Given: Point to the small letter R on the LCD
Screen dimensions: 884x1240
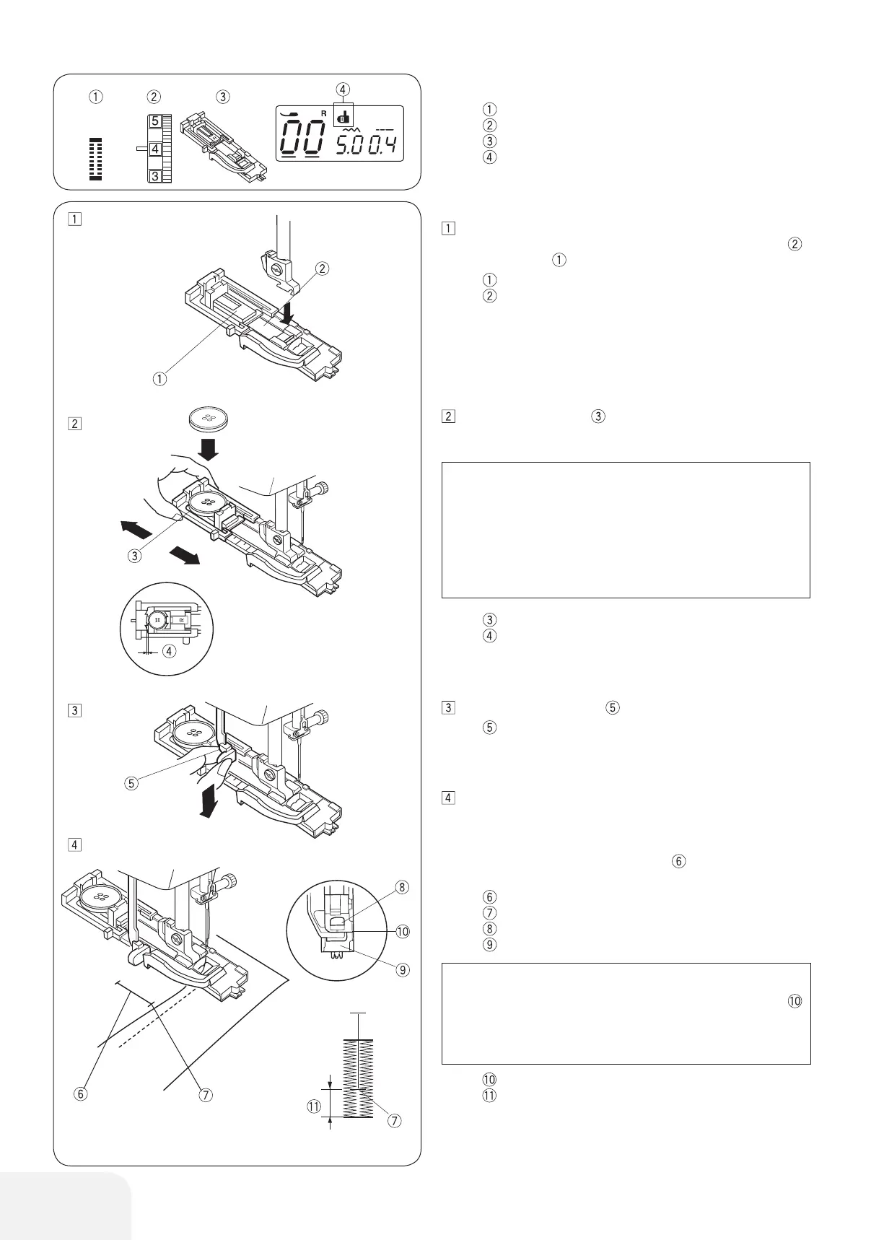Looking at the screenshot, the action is click(x=324, y=113).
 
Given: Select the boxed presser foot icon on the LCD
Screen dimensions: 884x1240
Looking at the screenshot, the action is click(x=343, y=115).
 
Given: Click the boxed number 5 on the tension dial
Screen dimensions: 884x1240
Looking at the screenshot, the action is click(x=155, y=122).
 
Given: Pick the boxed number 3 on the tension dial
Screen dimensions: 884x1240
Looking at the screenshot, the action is click(x=155, y=175).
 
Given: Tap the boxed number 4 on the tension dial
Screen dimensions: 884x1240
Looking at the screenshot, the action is click(x=155, y=149).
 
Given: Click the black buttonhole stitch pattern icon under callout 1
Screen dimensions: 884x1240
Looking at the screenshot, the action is click(x=96, y=158).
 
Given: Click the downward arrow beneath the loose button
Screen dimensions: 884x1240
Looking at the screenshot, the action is click(x=209, y=450).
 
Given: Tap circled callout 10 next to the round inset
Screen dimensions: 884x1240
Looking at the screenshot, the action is click(x=402, y=931).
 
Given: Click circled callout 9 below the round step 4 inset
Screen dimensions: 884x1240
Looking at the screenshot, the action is click(x=402, y=969).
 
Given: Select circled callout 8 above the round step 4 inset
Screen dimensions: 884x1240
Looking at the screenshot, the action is click(x=402, y=887).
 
